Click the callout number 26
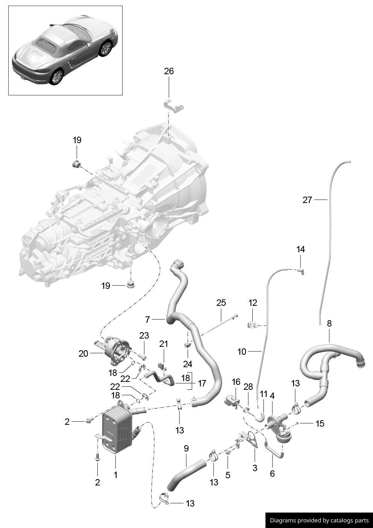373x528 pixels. tap(169, 71)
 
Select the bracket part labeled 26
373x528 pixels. tap(173, 105)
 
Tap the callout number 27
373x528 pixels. tap(307, 200)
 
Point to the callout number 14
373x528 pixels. tap(300, 249)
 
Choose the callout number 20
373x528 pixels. tap(83, 354)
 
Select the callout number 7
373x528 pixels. tap(147, 320)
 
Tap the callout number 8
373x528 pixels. tap(329, 324)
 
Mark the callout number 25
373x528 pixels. tap(221, 302)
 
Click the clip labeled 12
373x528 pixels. tap(253, 324)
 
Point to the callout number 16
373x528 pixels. tap(236, 382)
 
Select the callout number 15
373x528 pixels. tap(320, 424)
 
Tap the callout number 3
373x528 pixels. tap(255, 468)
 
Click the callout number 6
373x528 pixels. tap(272, 473)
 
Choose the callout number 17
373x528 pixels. tap(202, 383)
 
